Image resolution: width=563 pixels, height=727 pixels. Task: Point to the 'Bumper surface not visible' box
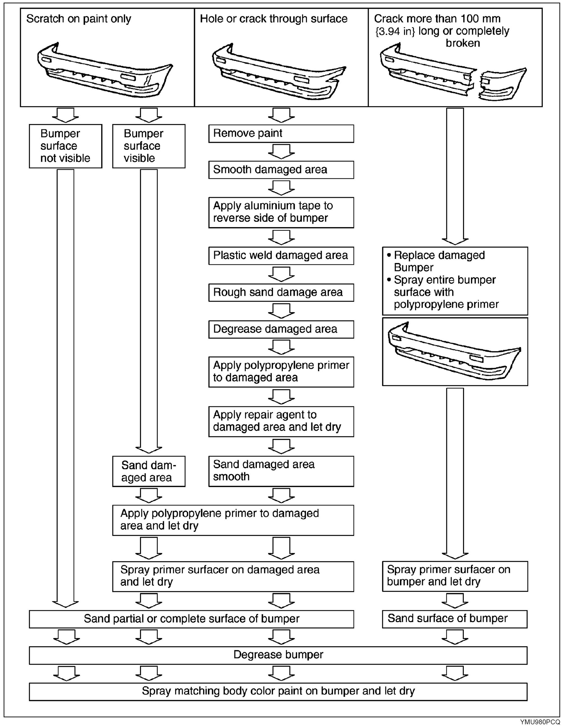[65, 146]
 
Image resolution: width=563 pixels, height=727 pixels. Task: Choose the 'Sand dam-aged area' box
[149, 471]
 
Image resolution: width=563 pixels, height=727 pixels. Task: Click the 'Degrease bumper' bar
[278, 655]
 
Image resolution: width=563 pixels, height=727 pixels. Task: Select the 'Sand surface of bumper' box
[454, 618]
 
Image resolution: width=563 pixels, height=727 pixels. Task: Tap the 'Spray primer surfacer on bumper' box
[454, 576]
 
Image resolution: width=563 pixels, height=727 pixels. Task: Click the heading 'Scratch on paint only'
[79, 19]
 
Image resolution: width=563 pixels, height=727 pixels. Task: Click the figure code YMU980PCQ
[540, 722]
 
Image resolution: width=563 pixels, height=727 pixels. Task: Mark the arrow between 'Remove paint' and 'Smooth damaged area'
[281, 152]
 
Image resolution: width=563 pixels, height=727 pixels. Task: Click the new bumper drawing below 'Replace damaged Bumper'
[454, 351]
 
